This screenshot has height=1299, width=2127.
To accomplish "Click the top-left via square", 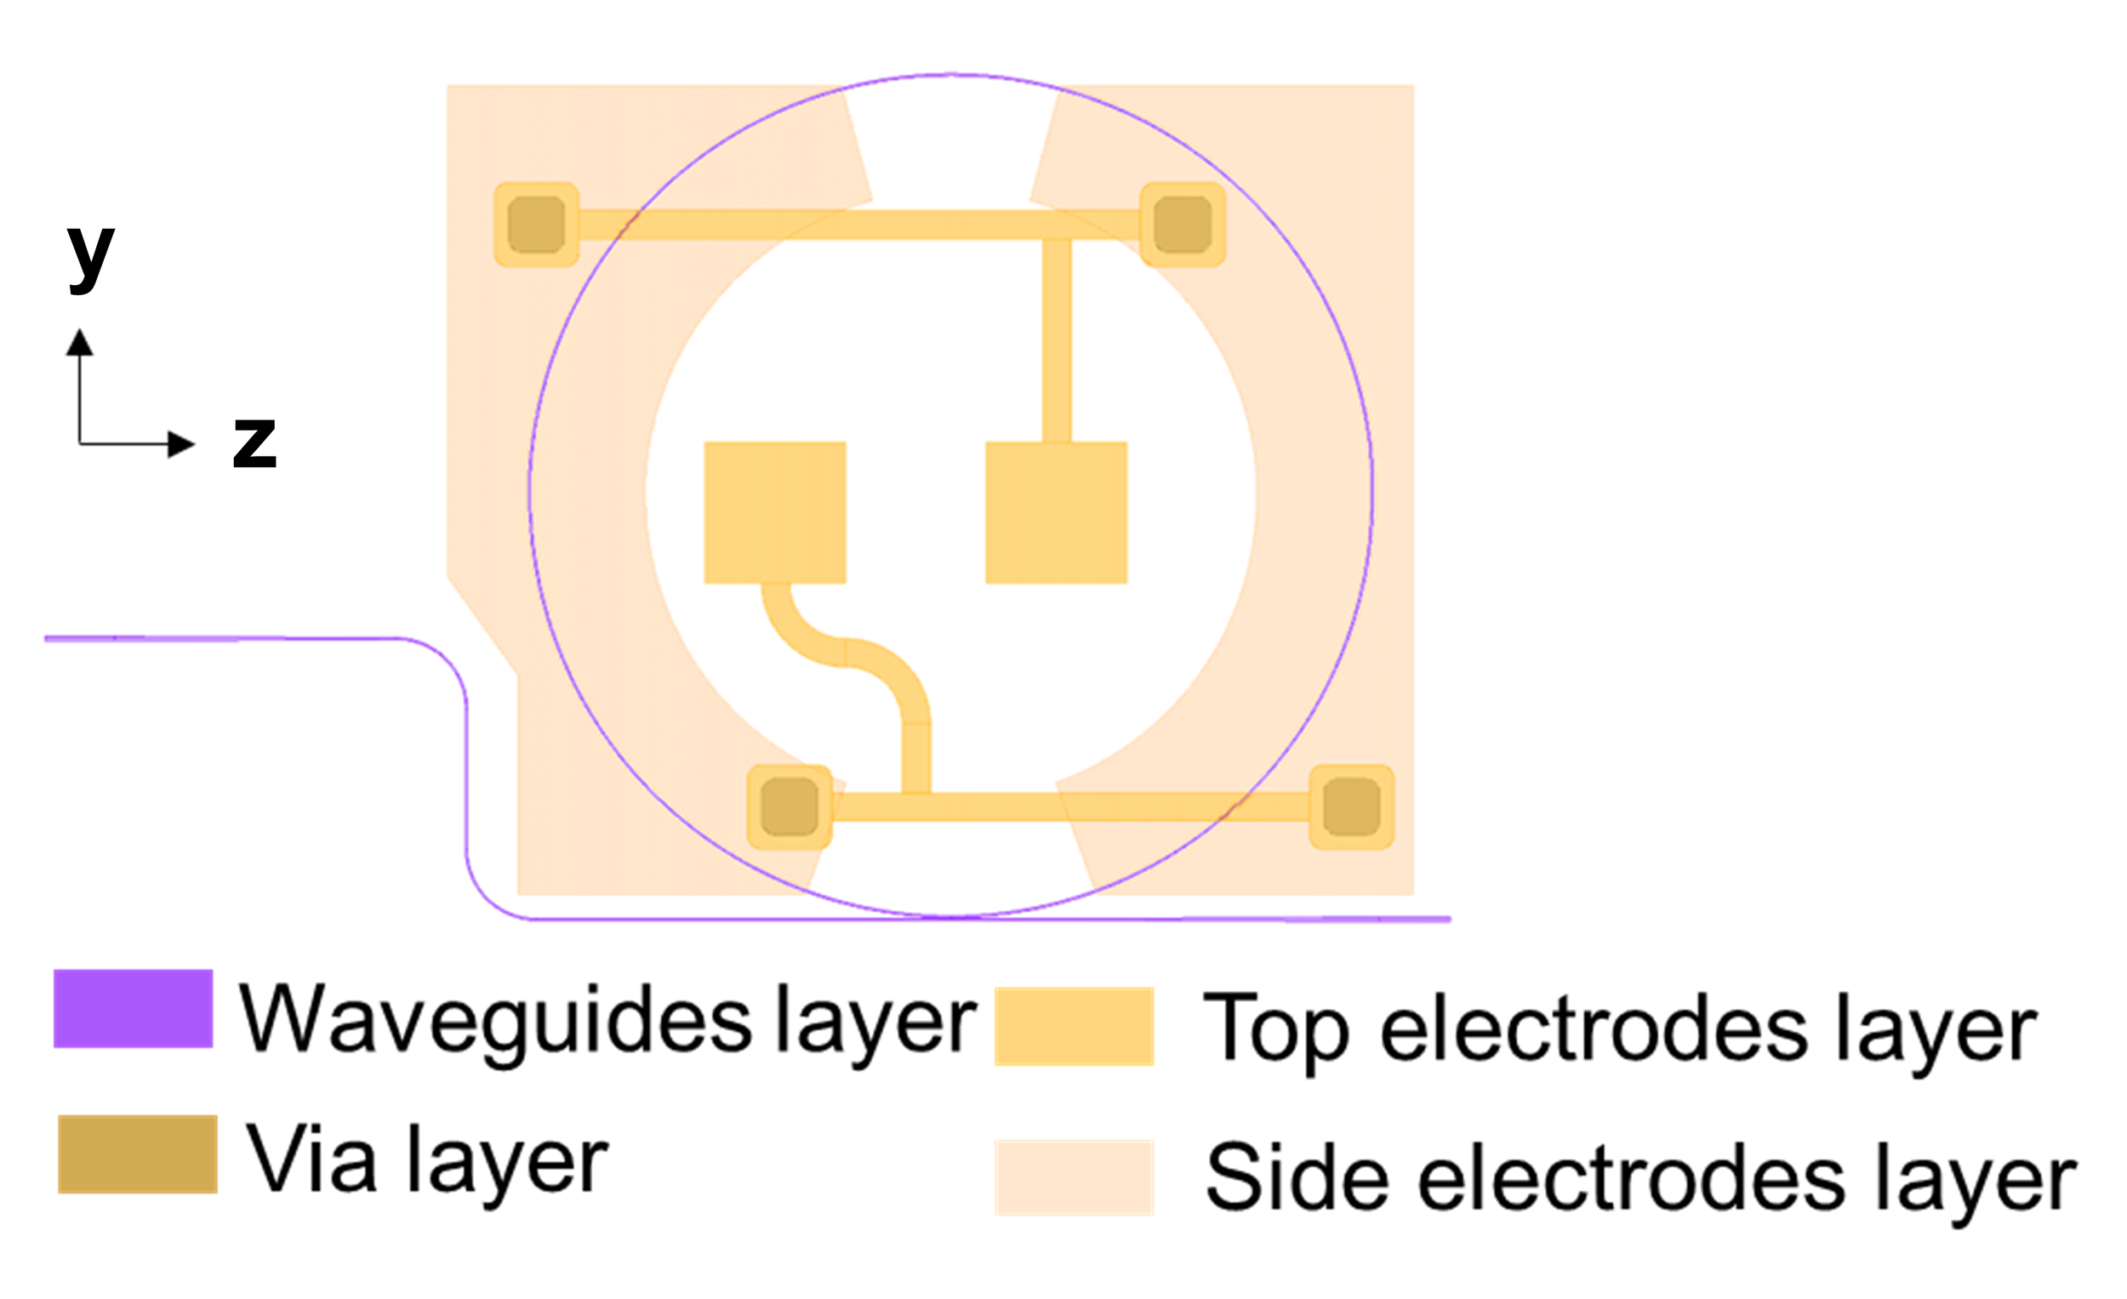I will point(536,225).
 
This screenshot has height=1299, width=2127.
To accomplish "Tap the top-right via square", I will point(1183,225).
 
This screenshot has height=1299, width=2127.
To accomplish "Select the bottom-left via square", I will point(789,807).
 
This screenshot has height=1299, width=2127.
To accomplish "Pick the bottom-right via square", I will point(1351,807).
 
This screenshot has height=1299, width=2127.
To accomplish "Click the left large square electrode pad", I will point(774,513).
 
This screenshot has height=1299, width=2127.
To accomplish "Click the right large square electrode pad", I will point(1056,513).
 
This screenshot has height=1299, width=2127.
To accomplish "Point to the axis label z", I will point(254,442).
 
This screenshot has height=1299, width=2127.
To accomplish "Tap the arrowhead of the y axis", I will point(79,343).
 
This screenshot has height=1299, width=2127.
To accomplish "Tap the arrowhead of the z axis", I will point(181,445).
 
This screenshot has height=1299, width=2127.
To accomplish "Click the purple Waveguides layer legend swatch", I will point(133,1008).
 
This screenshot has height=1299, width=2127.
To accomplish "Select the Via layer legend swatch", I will point(137,1154).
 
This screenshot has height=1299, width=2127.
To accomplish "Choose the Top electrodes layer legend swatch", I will point(1074,1026).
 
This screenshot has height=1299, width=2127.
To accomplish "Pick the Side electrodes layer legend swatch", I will point(1074,1177).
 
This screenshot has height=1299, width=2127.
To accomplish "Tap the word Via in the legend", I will point(311,1161).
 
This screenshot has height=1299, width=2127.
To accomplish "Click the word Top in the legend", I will point(1276,1029).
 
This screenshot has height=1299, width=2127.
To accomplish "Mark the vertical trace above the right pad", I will point(1057,341).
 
